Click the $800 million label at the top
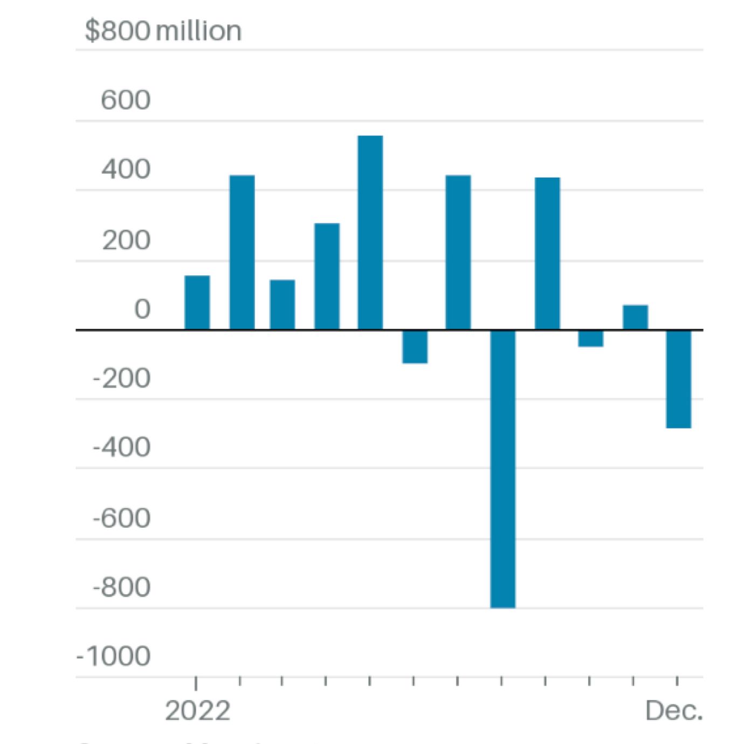tap(163, 31)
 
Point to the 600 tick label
tap(126, 100)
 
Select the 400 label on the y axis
tap(126, 169)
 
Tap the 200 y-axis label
tap(126, 240)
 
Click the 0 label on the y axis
tap(142, 309)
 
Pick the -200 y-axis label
tap(122, 378)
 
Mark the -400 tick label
tap(122, 447)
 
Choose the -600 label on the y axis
tap(122, 518)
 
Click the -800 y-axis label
tap(122, 587)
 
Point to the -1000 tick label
tap(114, 656)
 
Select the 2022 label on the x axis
tap(197, 711)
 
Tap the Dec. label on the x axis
tap(673, 711)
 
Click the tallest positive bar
tap(370, 232)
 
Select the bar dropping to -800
tap(502, 469)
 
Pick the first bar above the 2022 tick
tap(197, 302)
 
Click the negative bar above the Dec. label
tap(678, 379)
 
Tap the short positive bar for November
tap(635, 317)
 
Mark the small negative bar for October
tap(590, 338)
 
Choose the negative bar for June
tap(415, 347)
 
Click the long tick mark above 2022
tap(196, 683)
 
